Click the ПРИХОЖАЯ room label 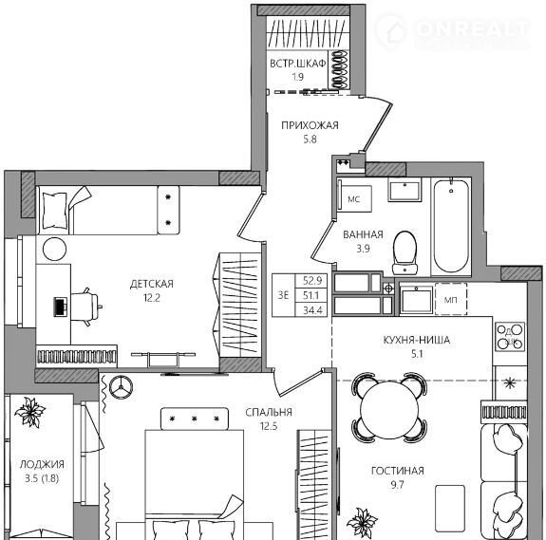(310, 125)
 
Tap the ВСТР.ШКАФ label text (298, 64)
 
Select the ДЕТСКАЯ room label (152, 284)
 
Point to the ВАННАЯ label (363, 234)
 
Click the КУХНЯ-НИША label (417, 340)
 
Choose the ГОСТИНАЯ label (397, 471)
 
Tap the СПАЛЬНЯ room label (269, 412)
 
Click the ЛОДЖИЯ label (42, 464)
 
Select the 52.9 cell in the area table (312, 280)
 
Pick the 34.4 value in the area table (312, 309)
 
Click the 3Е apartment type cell (283, 295)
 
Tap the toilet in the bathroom (405, 252)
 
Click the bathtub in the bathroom (451, 226)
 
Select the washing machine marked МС (354, 198)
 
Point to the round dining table (389, 409)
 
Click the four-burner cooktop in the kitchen (510, 337)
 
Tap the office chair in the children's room (86, 307)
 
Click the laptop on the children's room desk (60, 307)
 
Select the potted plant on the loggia (30, 412)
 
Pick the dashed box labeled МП (451, 299)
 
